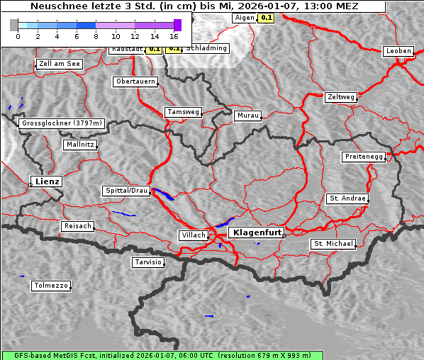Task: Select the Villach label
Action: [193, 235]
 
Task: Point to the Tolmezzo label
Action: [50, 286]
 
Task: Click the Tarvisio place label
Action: [148, 262]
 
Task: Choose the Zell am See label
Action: [60, 64]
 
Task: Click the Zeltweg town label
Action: [340, 96]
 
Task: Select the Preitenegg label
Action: [364, 157]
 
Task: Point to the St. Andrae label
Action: [347, 198]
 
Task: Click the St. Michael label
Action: [333, 244]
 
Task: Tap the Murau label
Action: [247, 115]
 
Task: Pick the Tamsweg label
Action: [183, 112]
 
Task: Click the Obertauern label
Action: [135, 81]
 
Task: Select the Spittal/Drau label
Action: [126, 191]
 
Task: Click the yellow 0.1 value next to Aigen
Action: [266, 17]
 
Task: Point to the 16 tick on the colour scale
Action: [174, 35]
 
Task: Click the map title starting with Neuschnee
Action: [194, 6]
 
